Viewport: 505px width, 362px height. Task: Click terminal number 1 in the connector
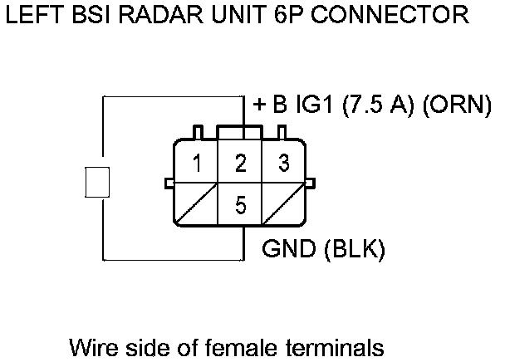click(196, 163)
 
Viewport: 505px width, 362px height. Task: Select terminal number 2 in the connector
click(240, 163)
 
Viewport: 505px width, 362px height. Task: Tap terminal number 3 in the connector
click(283, 163)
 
